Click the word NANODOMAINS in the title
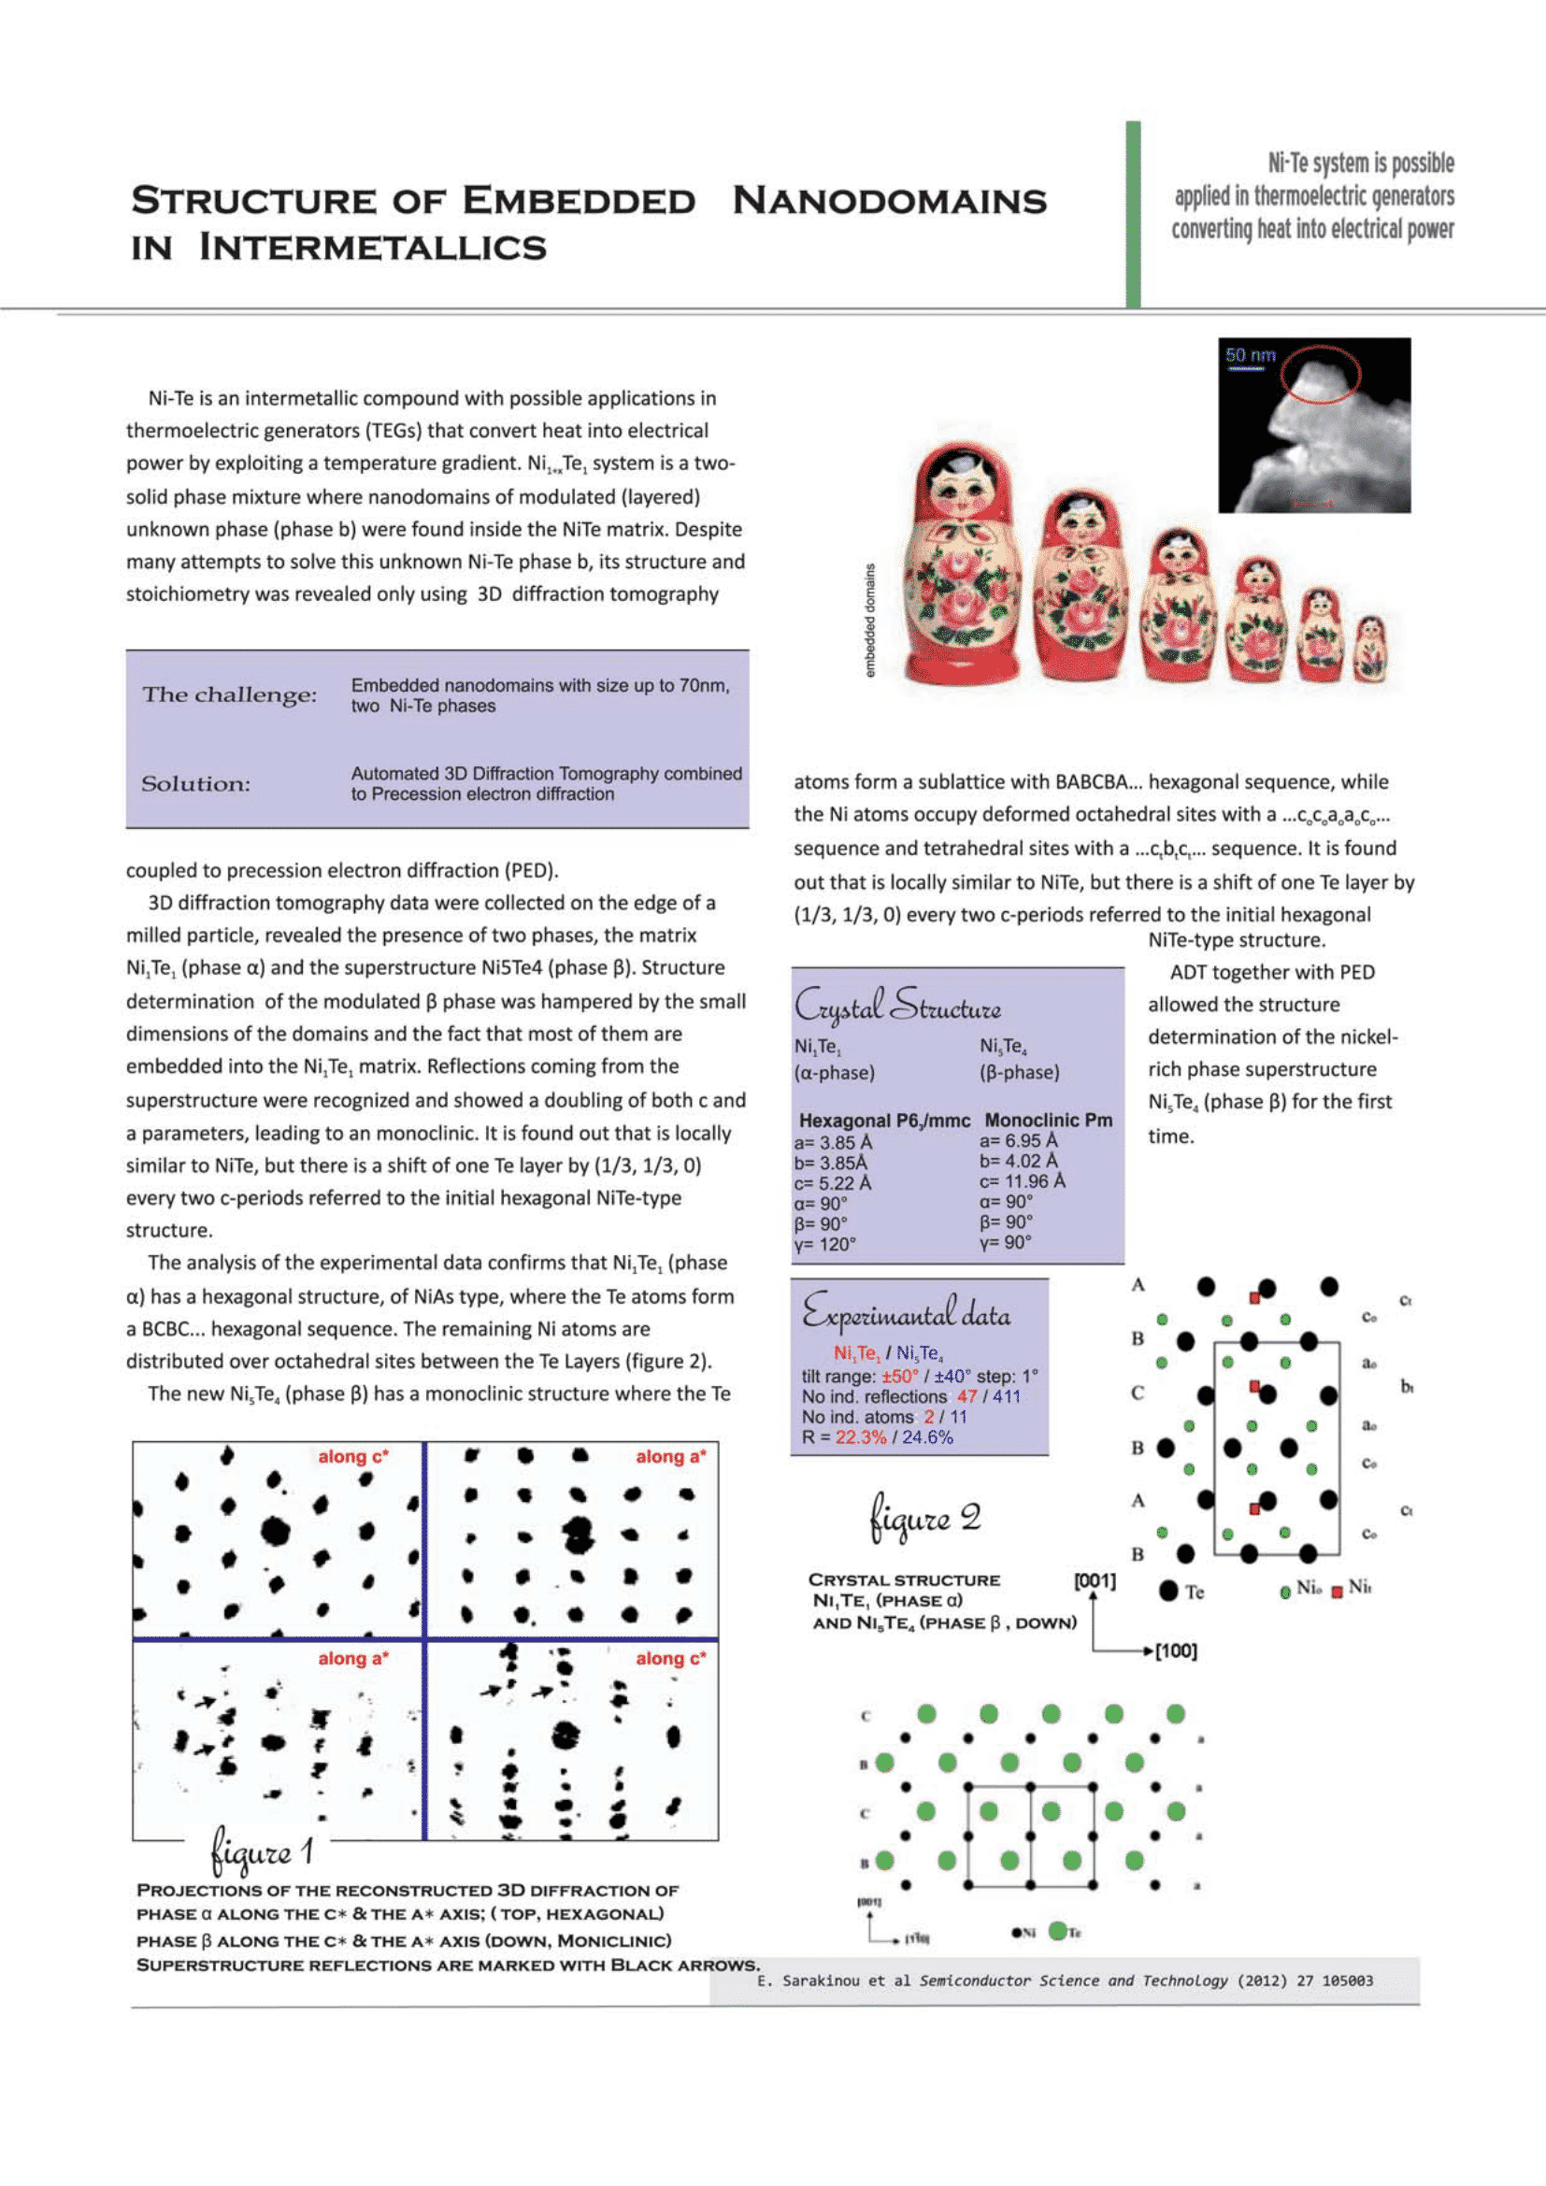(889, 201)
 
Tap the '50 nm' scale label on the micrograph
(1250, 355)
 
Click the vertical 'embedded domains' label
(869, 620)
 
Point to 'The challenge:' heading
(229, 694)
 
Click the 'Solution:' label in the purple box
(196, 783)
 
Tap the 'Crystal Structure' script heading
(896, 1006)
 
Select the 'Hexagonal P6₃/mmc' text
(884, 1120)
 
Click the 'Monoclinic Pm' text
(1048, 1120)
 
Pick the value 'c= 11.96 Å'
(1023, 1180)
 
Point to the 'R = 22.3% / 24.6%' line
(877, 1436)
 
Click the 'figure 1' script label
(262, 1851)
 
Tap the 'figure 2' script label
(924, 1517)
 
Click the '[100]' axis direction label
(1176, 1650)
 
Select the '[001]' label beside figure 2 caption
(1094, 1580)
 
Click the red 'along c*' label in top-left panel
(353, 1457)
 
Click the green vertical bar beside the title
(1133, 214)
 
